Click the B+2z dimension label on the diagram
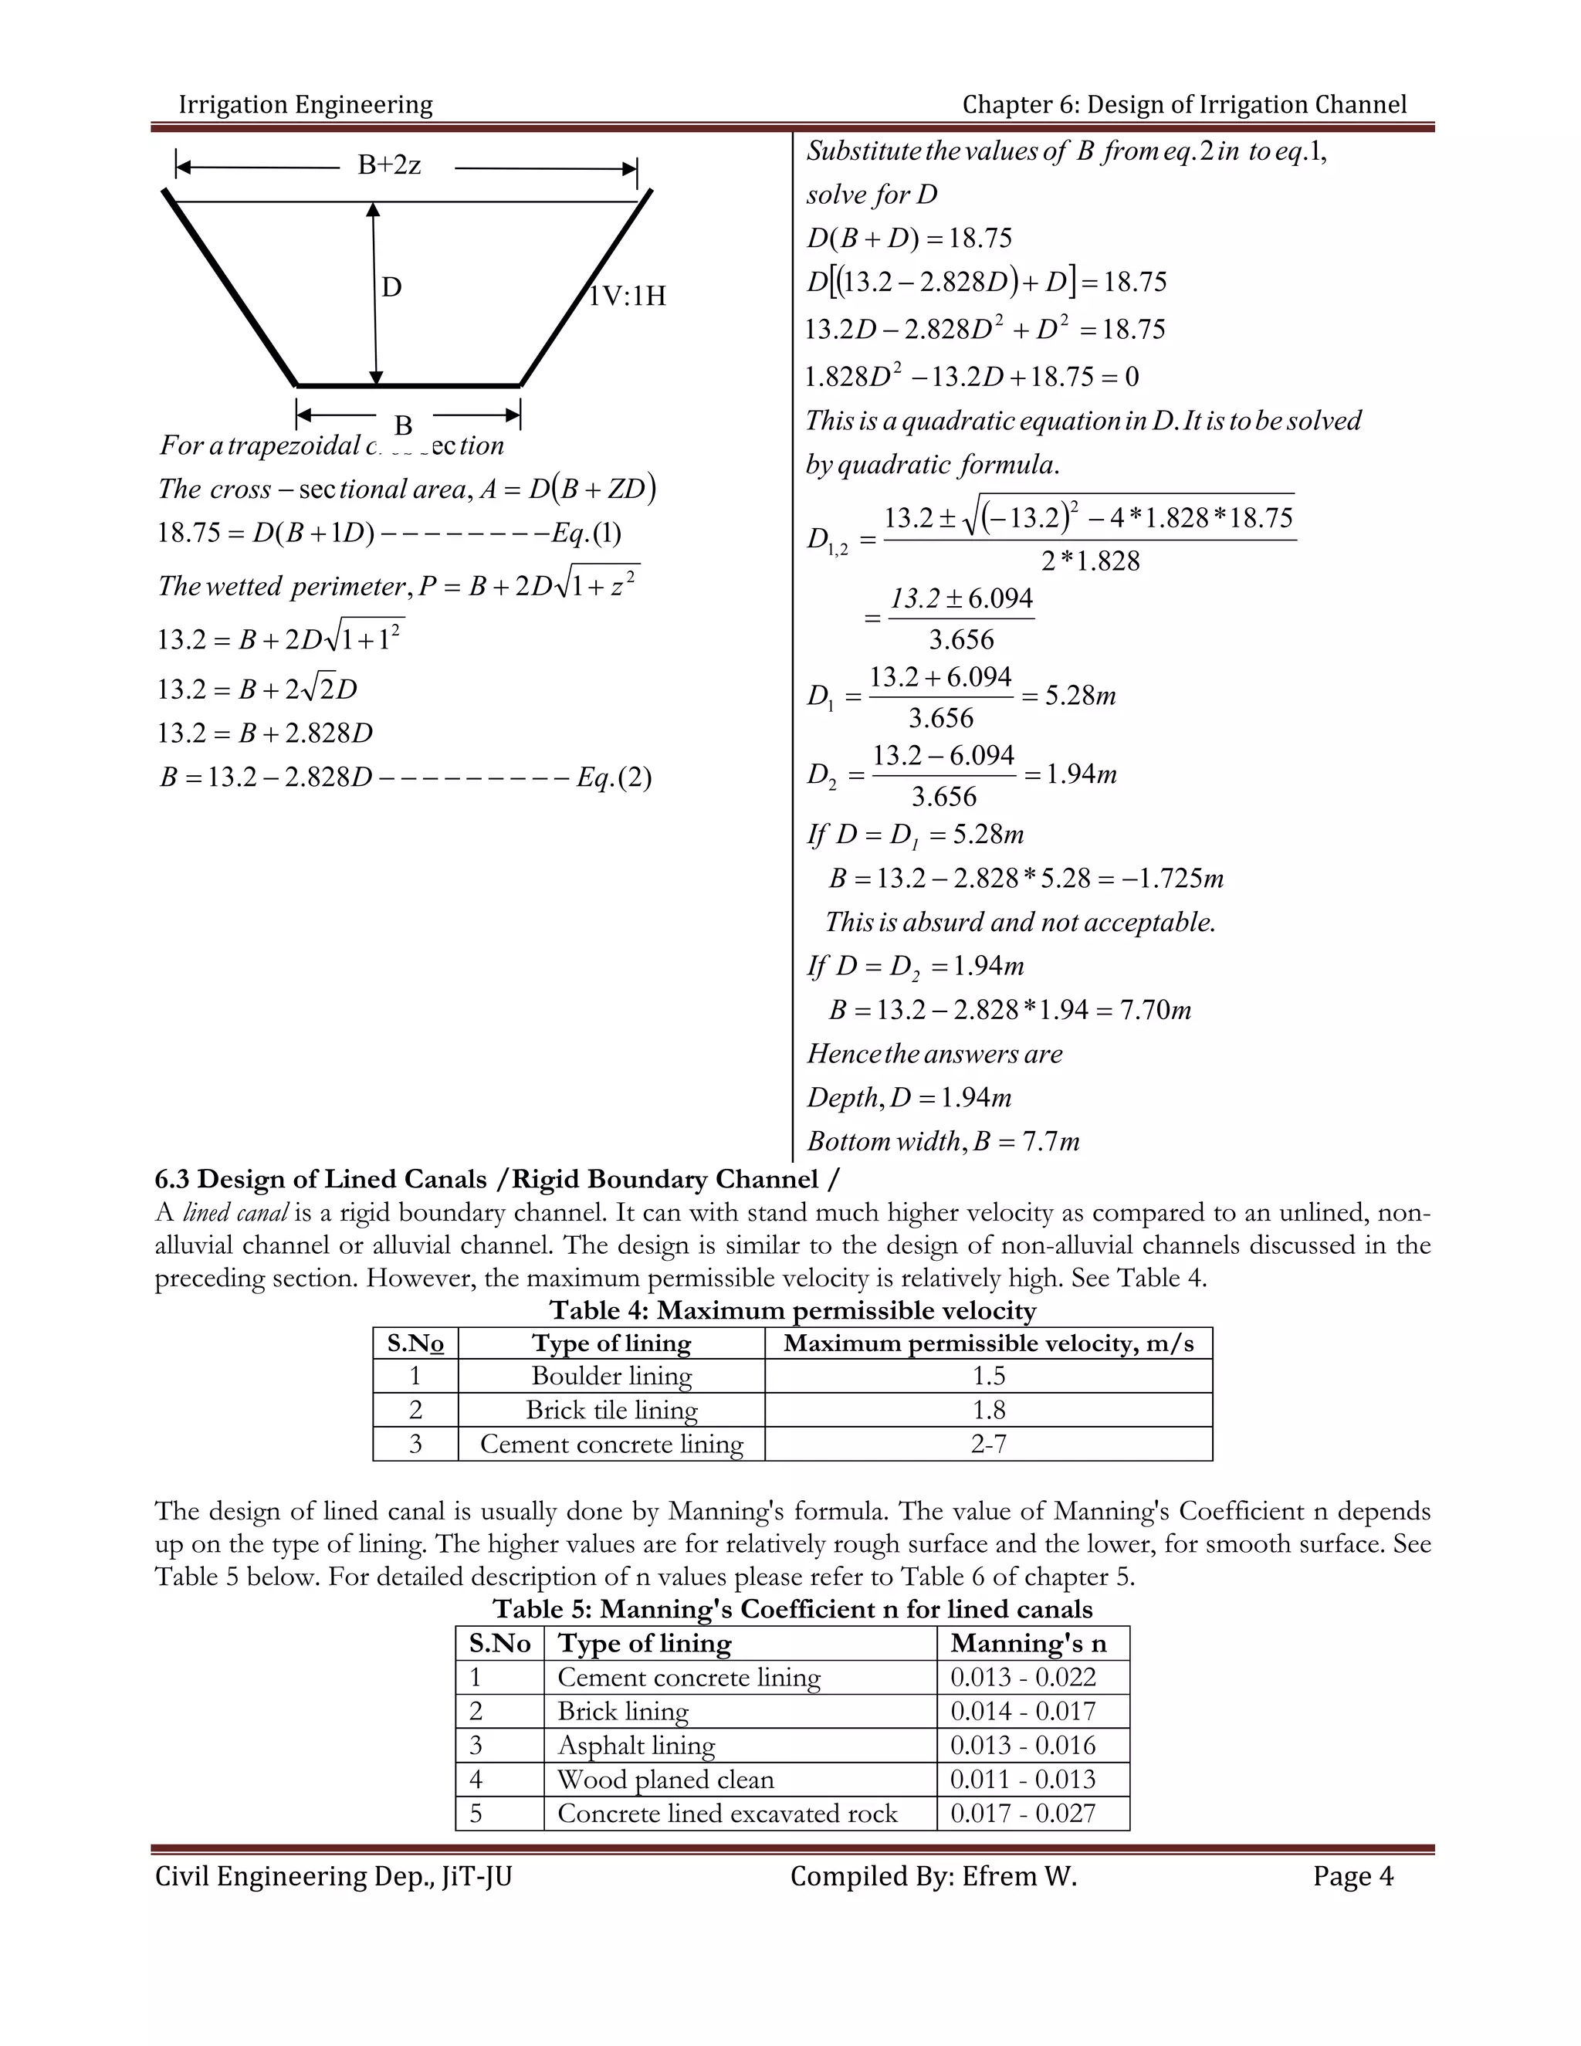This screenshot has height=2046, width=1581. point(390,166)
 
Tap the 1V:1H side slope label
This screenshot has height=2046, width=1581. point(627,296)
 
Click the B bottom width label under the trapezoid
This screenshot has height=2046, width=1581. point(403,425)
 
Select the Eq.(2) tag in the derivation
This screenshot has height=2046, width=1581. point(614,777)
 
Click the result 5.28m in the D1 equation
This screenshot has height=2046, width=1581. point(1080,696)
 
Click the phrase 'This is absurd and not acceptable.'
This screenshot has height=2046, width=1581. point(1020,923)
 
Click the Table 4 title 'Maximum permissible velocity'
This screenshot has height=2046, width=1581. point(792,1311)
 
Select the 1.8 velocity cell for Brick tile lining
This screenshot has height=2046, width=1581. point(988,1410)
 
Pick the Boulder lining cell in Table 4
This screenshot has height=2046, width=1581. point(611,1376)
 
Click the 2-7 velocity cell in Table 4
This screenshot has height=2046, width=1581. point(988,1444)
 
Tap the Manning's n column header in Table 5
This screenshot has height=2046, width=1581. point(1028,1643)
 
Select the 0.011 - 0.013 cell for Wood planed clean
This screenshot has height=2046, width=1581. point(1023,1779)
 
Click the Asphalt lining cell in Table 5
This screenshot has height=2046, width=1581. point(636,1746)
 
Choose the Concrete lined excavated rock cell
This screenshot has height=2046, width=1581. point(726,1814)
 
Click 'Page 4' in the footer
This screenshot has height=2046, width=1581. point(1352,1876)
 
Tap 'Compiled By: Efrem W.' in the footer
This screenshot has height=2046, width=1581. point(934,1876)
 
